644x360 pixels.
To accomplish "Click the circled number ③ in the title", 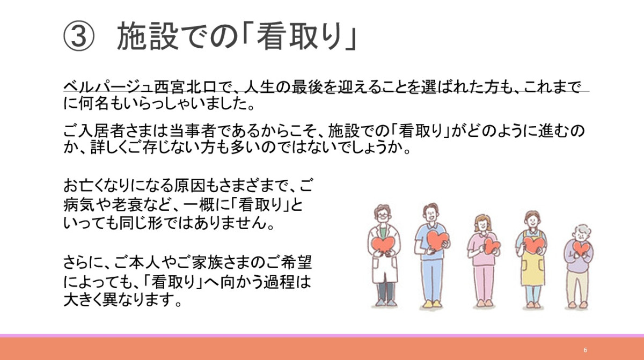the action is tap(78, 36).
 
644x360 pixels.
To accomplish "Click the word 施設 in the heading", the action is tap(148, 36).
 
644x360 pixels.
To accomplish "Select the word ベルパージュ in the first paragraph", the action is tap(108, 87).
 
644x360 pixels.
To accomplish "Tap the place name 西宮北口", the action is tap(185, 87).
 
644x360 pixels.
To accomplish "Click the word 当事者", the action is tap(192, 131).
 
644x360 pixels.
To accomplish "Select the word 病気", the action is tap(79, 205).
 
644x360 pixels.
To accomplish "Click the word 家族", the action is tap(208, 262).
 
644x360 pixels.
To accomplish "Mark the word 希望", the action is tap(297, 262).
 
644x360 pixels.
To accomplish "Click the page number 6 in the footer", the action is tap(586, 350).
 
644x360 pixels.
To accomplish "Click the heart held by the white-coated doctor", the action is tap(384, 245).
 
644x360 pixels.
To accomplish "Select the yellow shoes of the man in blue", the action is tap(433, 304).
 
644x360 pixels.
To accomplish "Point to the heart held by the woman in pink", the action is tap(492, 246).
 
